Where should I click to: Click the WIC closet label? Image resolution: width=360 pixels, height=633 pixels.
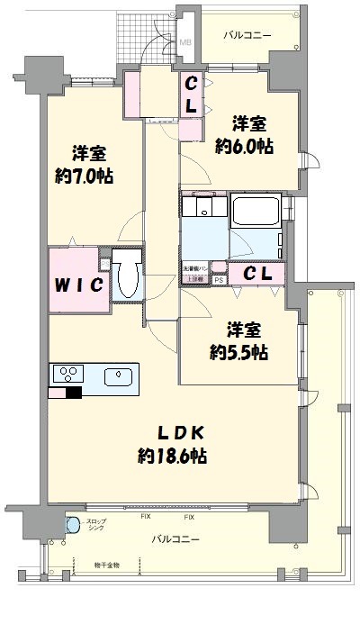[80, 285]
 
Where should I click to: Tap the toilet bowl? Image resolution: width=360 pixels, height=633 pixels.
[128, 283]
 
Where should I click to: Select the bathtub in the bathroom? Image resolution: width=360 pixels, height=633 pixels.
[257, 213]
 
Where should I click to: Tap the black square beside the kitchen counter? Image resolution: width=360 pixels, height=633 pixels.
[74, 392]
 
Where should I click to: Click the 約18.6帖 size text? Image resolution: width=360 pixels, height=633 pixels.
[173, 457]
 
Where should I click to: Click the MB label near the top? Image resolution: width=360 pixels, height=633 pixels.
[186, 41]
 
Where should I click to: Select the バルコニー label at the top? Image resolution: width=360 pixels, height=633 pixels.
[247, 34]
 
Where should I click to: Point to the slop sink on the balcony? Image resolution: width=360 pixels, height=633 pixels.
[72, 525]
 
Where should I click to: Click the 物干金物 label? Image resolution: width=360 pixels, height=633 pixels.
[106, 565]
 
